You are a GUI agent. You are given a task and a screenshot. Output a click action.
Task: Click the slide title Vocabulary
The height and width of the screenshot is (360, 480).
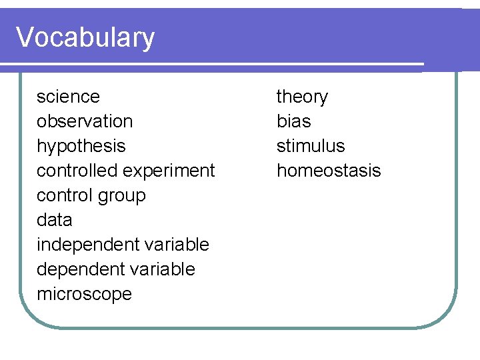(85, 37)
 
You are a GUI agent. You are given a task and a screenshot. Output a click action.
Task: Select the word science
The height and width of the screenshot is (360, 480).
(68, 97)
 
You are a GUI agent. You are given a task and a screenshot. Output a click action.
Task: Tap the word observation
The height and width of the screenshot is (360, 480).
(85, 121)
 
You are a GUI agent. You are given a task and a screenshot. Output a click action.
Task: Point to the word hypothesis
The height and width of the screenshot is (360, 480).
(81, 146)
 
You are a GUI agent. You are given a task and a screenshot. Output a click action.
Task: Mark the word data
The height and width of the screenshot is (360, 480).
(54, 220)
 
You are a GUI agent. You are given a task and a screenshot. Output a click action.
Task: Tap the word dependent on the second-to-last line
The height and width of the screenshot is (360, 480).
(76, 269)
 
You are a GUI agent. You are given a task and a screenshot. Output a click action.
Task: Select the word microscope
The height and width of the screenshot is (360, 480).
(84, 294)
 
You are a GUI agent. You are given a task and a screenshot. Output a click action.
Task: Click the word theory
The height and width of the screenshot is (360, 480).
(302, 97)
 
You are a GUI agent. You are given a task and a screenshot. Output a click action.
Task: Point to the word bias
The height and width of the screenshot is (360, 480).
(293, 121)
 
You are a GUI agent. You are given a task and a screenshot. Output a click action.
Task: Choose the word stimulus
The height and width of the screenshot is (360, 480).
(311, 146)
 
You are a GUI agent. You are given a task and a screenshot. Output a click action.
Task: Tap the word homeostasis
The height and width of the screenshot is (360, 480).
(329, 171)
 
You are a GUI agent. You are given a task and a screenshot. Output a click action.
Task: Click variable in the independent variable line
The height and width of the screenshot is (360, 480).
(171, 245)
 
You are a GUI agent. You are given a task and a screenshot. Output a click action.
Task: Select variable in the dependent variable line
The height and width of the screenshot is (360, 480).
(157, 269)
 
